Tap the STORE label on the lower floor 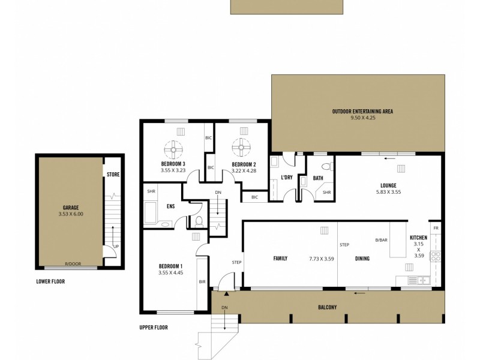point(113,175)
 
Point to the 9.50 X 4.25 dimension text point(363,118)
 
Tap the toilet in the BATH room point(326,167)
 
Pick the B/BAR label point(381,240)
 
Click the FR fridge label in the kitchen point(436,229)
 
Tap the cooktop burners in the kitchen point(436,257)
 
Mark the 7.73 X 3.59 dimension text point(321,259)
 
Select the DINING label point(361,259)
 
